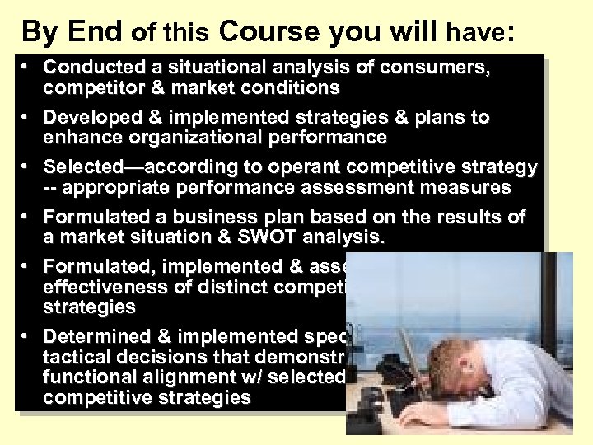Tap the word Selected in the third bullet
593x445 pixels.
click(x=81, y=168)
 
